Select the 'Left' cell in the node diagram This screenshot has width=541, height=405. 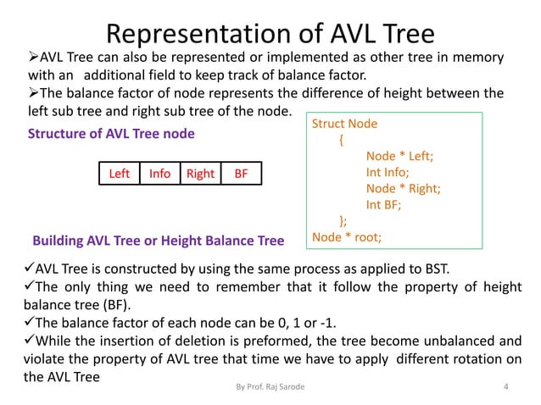click(120, 174)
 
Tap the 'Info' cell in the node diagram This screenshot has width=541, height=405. click(159, 174)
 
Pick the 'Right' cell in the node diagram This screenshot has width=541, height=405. click(200, 174)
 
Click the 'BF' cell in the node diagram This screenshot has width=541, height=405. click(242, 174)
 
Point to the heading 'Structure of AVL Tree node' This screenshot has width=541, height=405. click(112, 134)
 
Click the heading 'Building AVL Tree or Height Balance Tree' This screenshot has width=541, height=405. click(158, 241)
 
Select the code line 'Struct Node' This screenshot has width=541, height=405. click(346, 125)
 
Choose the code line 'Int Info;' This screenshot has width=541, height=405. click(389, 173)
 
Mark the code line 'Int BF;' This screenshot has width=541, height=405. click(383, 205)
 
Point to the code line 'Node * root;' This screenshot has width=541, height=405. click(347, 236)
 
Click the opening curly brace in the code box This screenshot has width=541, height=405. click(342, 141)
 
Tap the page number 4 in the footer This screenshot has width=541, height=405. click(506, 388)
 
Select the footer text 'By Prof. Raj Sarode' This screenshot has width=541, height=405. click(270, 388)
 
